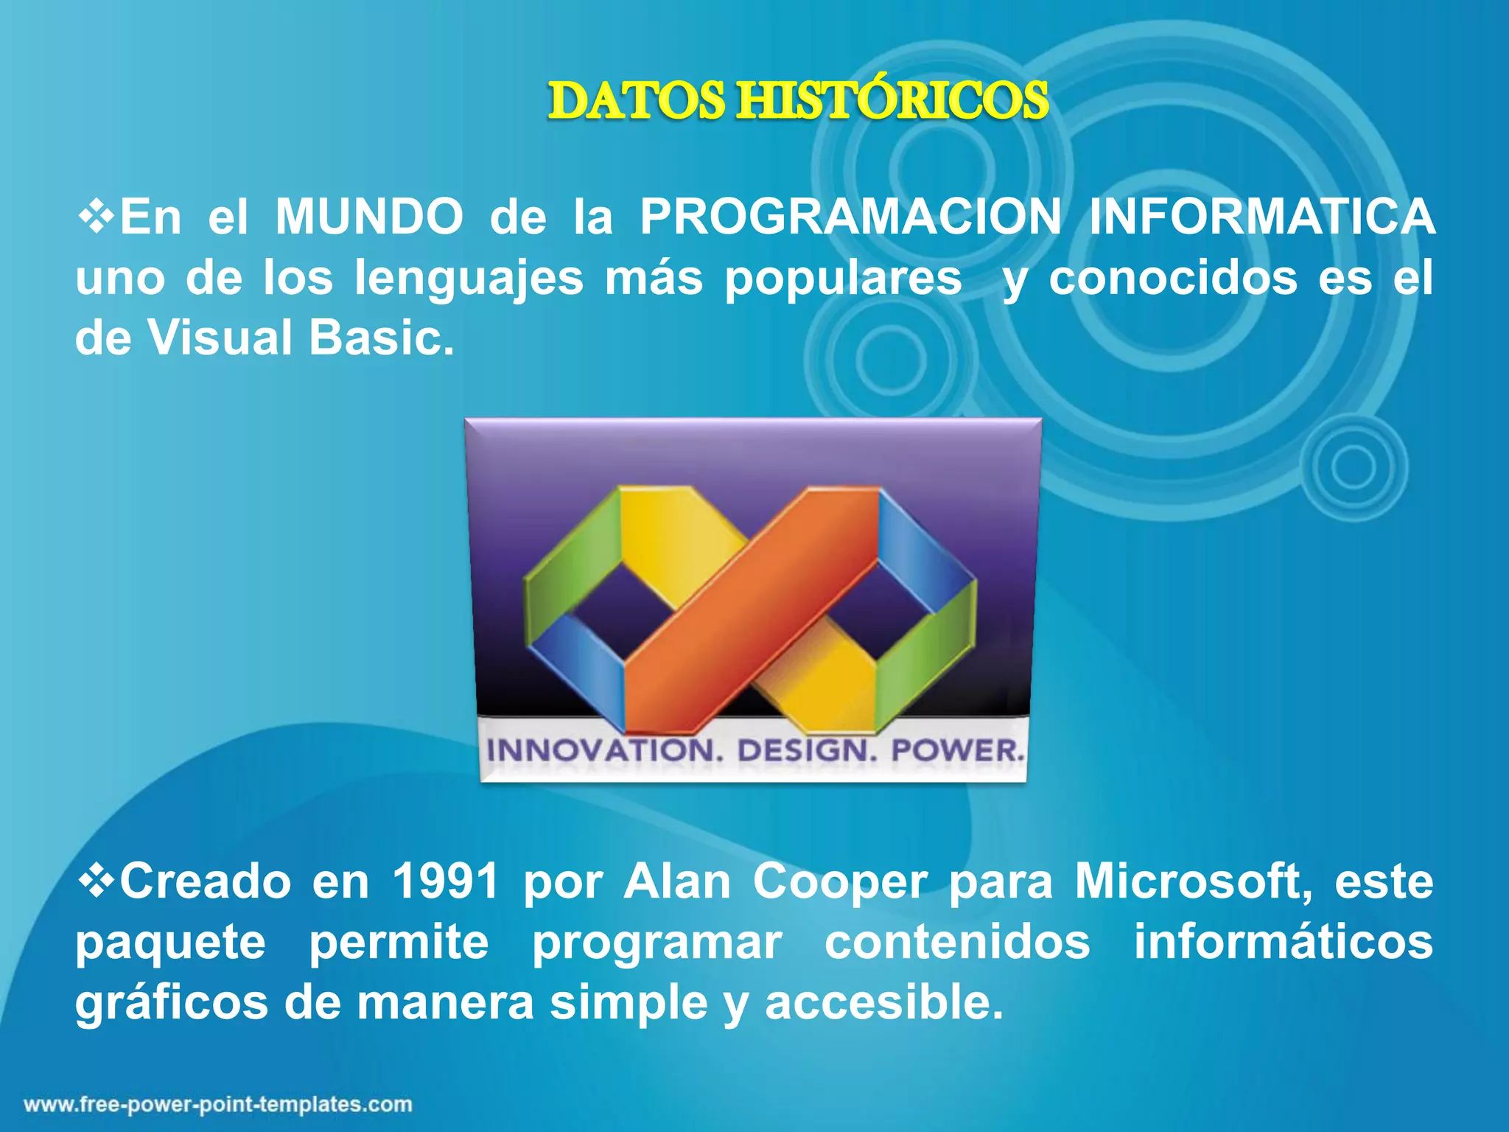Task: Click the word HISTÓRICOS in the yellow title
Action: tap(893, 101)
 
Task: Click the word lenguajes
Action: tap(469, 279)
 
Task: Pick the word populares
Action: tap(843, 279)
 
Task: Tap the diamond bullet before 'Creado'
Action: tap(96, 881)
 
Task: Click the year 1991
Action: tap(446, 881)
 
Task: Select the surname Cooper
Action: tap(839, 881)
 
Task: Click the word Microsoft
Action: tap(1194, 881)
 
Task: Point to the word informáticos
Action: tap(1283, 942)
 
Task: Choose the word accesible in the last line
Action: tap(883, 1003)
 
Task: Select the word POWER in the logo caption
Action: tap(957, 751)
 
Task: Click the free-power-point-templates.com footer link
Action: tap(218, 1105)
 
